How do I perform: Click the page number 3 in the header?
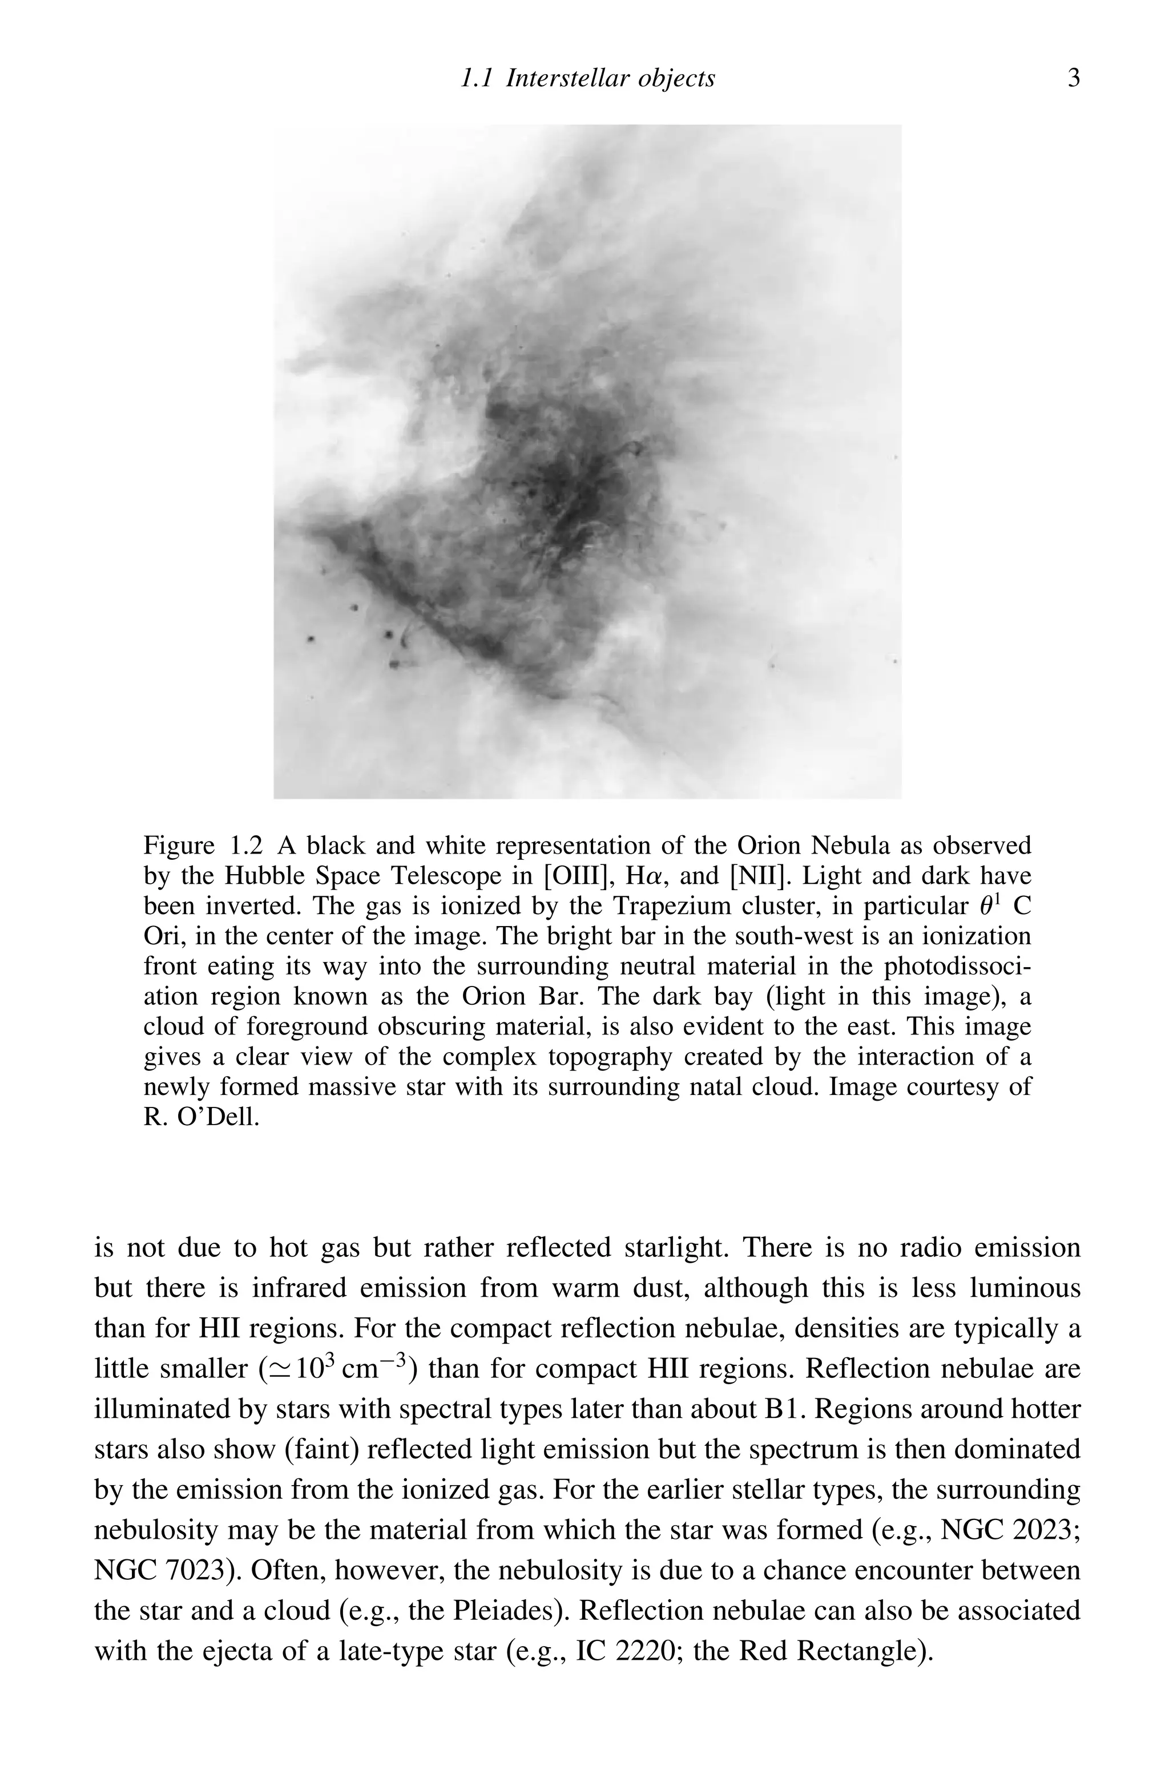pyautogui.click(x=1073, y=78)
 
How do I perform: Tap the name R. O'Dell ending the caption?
pyautogui.click(x=201, y=1118)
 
